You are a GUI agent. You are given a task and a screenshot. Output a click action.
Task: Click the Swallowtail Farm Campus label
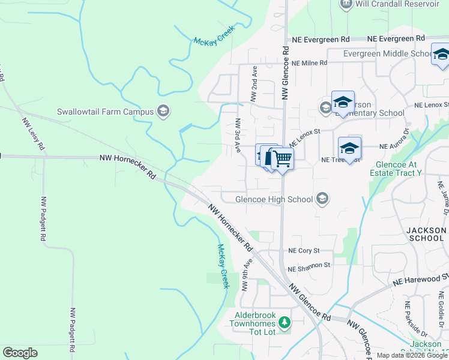tap(104, 112)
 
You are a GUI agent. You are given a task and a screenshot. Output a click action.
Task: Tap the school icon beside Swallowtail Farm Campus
tap(163, 111)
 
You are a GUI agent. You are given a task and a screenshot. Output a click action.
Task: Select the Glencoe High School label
tap(274, 199)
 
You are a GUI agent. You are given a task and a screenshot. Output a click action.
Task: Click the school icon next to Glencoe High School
tap(323, 199)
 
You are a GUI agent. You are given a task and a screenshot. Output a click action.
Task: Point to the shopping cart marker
tap(282, 159)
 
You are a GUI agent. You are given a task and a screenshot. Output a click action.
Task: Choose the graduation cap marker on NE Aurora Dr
tap(349, 148)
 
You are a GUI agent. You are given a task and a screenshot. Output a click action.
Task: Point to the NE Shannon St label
tap(309, 265)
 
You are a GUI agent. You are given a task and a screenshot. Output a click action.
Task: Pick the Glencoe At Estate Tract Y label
tap(399, 169)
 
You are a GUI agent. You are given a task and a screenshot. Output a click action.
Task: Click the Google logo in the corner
tap(20, 353)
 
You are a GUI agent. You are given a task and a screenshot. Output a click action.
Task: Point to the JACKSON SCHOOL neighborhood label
tap(426, 234)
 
